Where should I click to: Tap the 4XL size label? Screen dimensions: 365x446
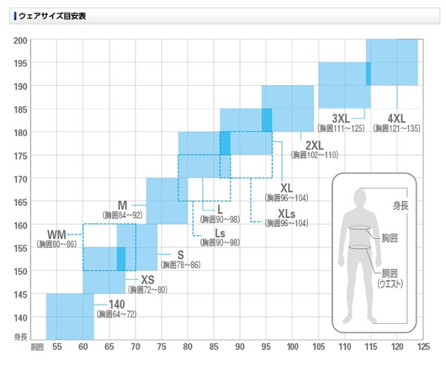pyautogui.click(x=396, y=118)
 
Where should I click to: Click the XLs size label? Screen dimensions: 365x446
pyautogui.click(x=287, y=213)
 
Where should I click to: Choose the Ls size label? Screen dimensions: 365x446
pyautogui.click(x=221, y=233)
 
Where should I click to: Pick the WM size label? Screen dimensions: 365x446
pyautogui.click(x=57, y=234)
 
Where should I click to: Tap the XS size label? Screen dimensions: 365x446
pyautogui.click(x=147, y=280)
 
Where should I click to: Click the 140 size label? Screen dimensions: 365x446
pyautogui.click(x=116, y=304)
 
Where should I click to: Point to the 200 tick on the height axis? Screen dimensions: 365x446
pyautogui.click(x=21, y=40)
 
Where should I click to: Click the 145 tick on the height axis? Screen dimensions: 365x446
pyautogui.click(x=21, y=294)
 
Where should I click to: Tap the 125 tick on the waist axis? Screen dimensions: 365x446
pyautogui.click(x=423, y=347)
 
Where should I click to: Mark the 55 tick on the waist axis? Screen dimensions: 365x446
pyautogui.click(x=57, y=347)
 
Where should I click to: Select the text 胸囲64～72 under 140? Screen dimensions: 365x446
pyautogui.click(x=116, y=314)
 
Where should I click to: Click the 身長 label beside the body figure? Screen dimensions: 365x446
pyautogui.click(x=401, y=206)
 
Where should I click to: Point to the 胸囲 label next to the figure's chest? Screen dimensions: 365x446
pyautogui.click(x=389, y=238)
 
